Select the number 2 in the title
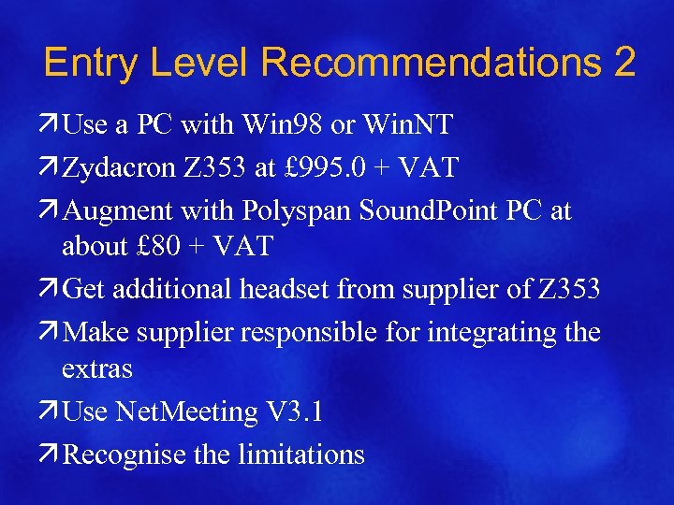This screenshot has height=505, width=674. click(x=625, y=63)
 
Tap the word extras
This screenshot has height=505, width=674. click(x=97, y=368)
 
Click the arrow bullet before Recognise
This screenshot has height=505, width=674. click(x=51, y=454)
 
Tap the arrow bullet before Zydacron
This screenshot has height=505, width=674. click(x=51, y=167)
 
